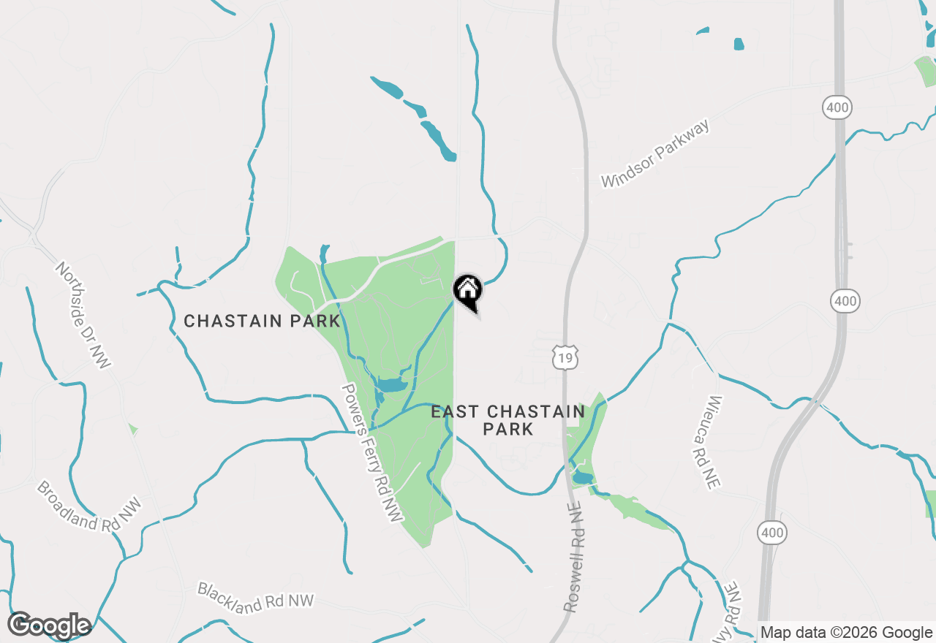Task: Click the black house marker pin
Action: [468, 291]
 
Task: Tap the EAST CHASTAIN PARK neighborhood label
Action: [507, 420]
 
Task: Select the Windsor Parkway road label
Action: [655, 155]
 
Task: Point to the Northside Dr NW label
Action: [83, 315]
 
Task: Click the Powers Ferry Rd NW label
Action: [372, 453]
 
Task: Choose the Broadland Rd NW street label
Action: [88, 506]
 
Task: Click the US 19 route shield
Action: [566, 357]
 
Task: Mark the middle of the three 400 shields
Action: [845, 300]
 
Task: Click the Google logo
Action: [50, 625]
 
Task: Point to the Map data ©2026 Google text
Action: [847, 633]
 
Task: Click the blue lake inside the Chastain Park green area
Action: [391, 384]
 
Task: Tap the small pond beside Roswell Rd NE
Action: [582, 478]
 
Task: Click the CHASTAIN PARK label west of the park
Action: [262, 321]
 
